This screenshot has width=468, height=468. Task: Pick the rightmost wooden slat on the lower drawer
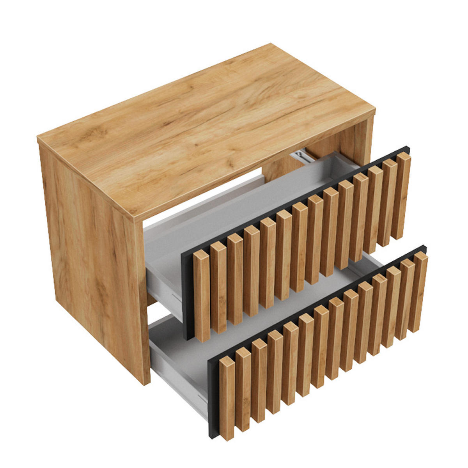tap(419, 292)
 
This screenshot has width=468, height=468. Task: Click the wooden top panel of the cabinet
tap(203, 129)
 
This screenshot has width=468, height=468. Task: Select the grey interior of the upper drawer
tap(250, 203)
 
